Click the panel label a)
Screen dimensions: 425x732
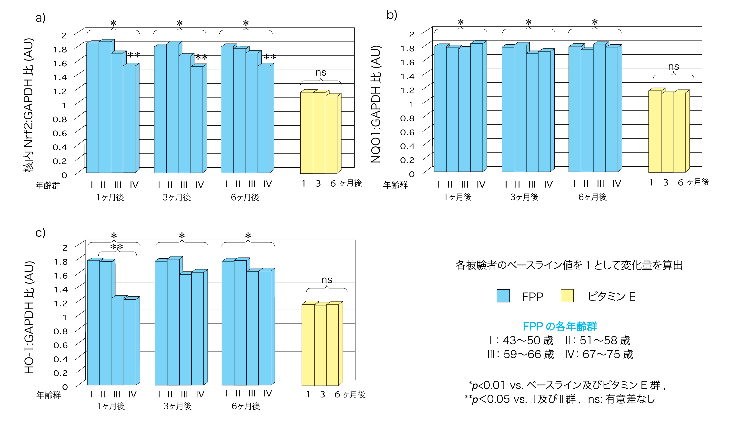(40, 18)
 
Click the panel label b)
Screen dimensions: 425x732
(392, 15)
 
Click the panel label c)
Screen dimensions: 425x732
(40, 233)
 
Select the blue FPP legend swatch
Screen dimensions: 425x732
(503, 296)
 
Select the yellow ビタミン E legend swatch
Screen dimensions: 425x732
(567, 295)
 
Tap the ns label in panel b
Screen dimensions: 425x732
(673, 67)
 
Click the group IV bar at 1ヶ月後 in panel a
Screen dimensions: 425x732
(129, 119)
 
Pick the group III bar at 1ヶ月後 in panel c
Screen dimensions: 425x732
(118, 341)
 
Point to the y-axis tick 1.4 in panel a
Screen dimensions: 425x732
(60, 78)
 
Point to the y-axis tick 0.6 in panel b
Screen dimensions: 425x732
(407, 132)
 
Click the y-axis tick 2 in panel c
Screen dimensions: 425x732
(65, 248)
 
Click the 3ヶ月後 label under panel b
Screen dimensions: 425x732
(524, 197)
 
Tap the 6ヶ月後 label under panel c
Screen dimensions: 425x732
(245, 406)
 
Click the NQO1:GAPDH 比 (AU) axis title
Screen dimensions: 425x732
(376, 104)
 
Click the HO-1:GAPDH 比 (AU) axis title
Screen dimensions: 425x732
(29, 317)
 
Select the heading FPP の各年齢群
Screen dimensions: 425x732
(559, 326)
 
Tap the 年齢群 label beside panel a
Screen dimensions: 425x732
(48, 185)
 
